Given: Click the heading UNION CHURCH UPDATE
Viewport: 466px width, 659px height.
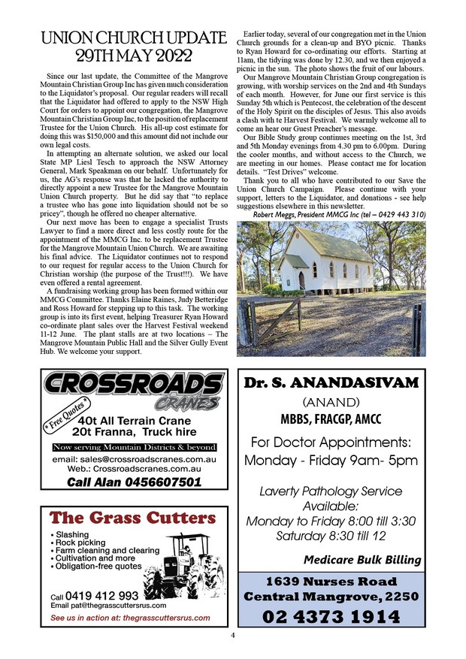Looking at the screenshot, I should tap(134, 38).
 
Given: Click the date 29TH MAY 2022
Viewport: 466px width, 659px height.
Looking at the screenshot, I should tap(134, 56).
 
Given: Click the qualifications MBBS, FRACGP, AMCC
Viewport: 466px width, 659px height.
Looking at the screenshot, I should tap(330, 418).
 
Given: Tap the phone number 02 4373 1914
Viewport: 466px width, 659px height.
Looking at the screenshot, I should tap(331, 617).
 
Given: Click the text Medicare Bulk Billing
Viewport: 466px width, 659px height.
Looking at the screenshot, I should tap(362, 559).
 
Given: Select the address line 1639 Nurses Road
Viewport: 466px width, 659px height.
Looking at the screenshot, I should tap(331, 581).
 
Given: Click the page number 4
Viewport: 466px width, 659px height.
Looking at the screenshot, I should tap(233, 636).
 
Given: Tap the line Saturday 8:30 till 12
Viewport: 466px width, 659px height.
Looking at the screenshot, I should tap(331, 536).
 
